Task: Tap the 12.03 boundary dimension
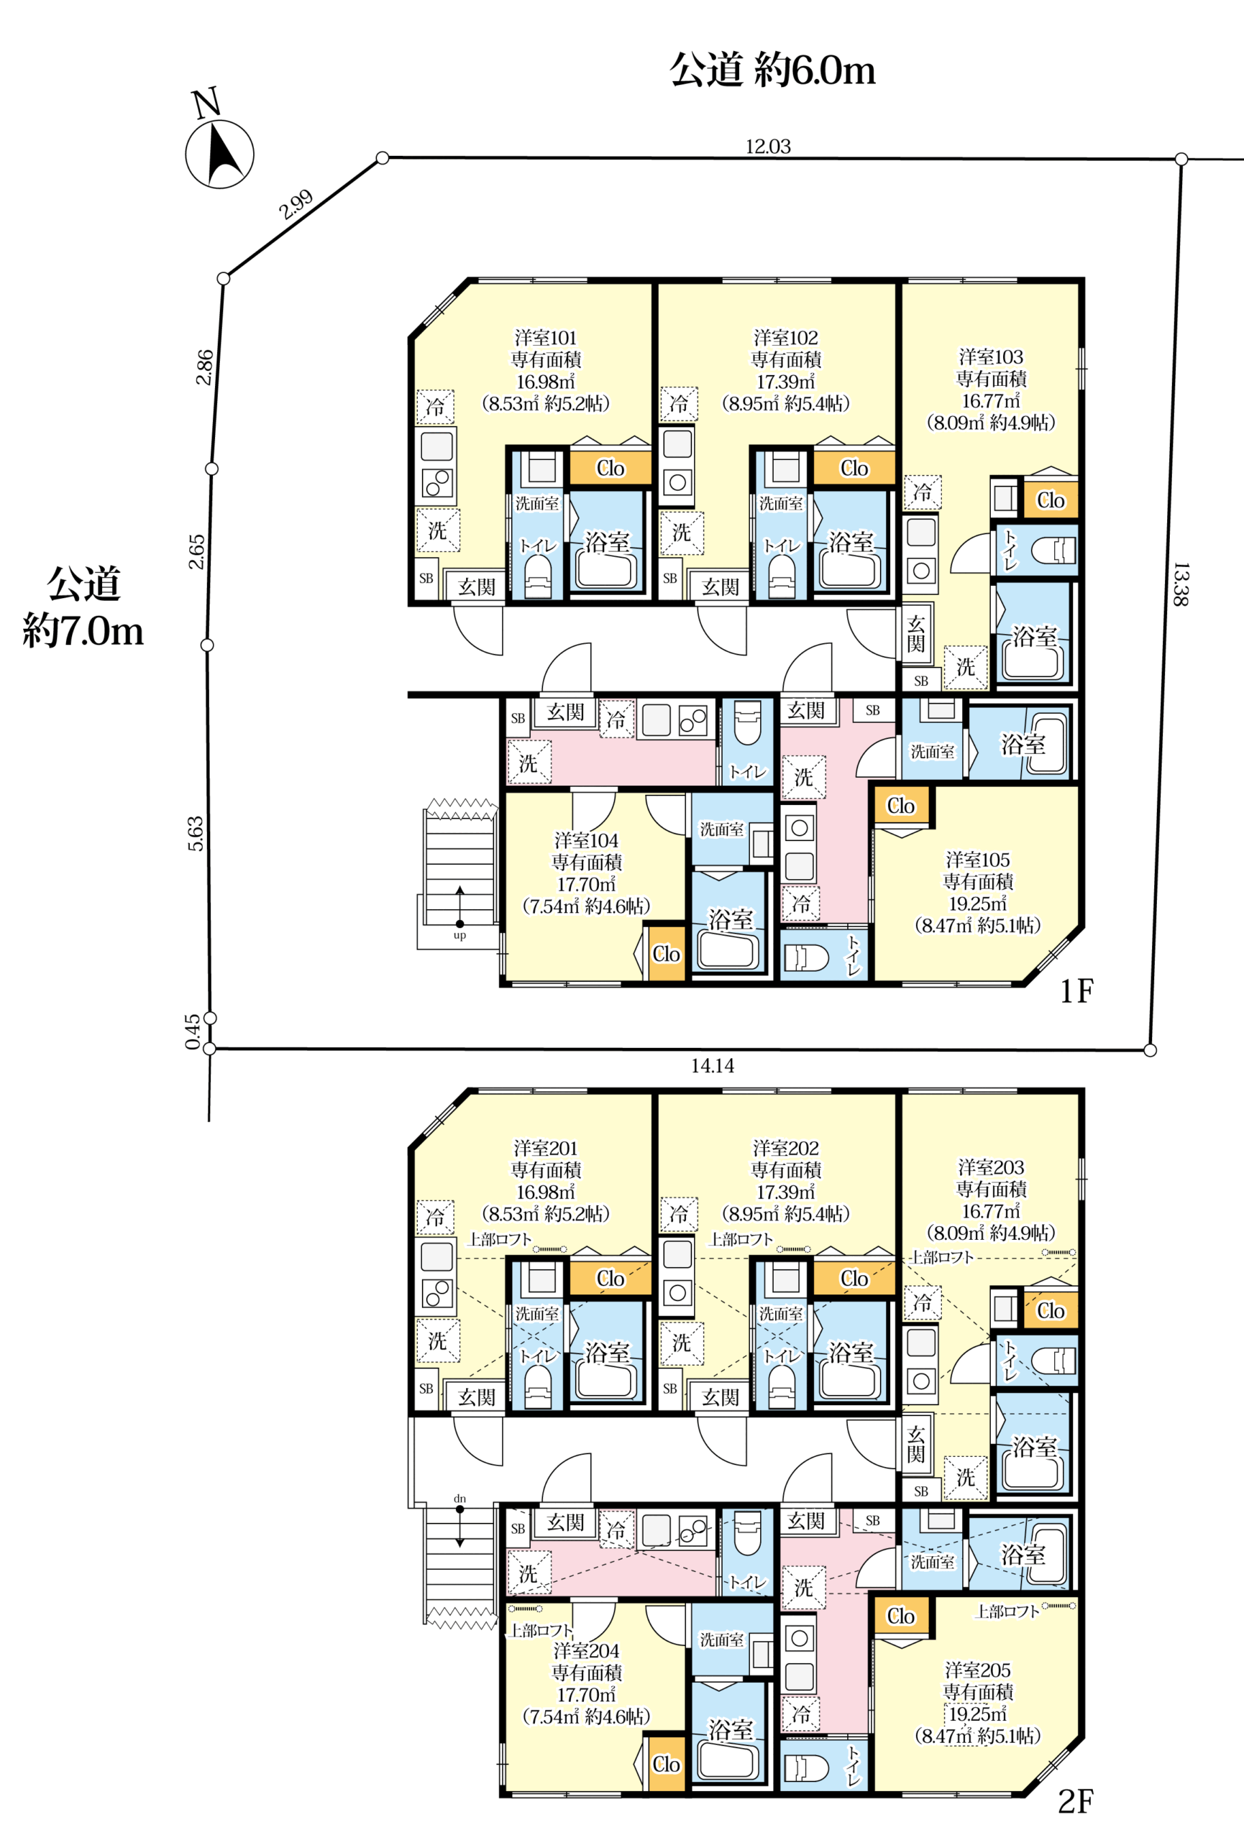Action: pyautogui.click(x=767, y=147)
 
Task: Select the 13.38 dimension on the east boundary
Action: pyautogui.click(x=1180, y=584)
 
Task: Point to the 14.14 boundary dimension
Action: pyautogui.click(x=712, y=1066)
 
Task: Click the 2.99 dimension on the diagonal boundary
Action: pyautogui.click(x=296, y=205)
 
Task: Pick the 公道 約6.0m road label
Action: pyautogui.click(x=772, y=70)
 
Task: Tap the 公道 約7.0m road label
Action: pyautogui.click(x=83, y=608)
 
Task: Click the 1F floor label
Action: pyautogui.click(x=1076, y=991)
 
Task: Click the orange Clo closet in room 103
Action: pyautogui.click(x=1051, y=500)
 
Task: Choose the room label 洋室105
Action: pyautogui.click(x=978, y=860)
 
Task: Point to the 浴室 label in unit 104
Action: pyautogui.click(x=730, y=919)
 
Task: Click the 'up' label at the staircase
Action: pyautogui.click(x=459, y=935)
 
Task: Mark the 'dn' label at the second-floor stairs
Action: pyautogui.click(x=460, y=1499)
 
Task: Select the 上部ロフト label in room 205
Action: pyautogui.click(x=1007, y=1612)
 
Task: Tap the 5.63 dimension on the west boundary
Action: pyautogui.click(x=196, y=834)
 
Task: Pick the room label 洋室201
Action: pyautogui.click(x=546, y=1148)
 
